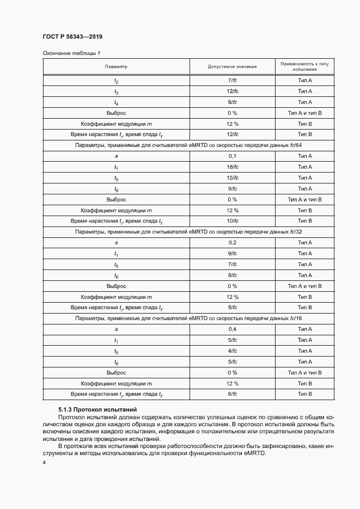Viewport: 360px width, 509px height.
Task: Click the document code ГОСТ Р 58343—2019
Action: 72,36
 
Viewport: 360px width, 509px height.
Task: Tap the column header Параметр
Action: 116,66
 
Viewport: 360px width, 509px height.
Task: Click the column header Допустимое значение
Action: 232,66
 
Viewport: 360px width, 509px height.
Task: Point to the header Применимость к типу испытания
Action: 304,66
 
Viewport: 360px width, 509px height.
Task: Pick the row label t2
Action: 116,81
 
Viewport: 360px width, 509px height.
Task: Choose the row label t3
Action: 116,91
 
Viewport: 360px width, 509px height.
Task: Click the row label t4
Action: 116,102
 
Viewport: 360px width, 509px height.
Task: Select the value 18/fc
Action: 232,167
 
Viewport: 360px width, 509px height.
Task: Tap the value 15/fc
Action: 232,178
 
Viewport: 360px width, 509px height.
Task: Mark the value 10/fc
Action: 232,221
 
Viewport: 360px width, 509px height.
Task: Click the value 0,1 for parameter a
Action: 232,156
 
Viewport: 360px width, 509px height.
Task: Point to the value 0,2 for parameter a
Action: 232,243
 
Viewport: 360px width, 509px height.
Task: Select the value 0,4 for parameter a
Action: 232,329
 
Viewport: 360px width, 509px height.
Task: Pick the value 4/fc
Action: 232,351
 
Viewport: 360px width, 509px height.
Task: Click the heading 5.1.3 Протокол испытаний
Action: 90,409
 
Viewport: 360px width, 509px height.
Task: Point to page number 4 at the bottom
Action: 44,462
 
